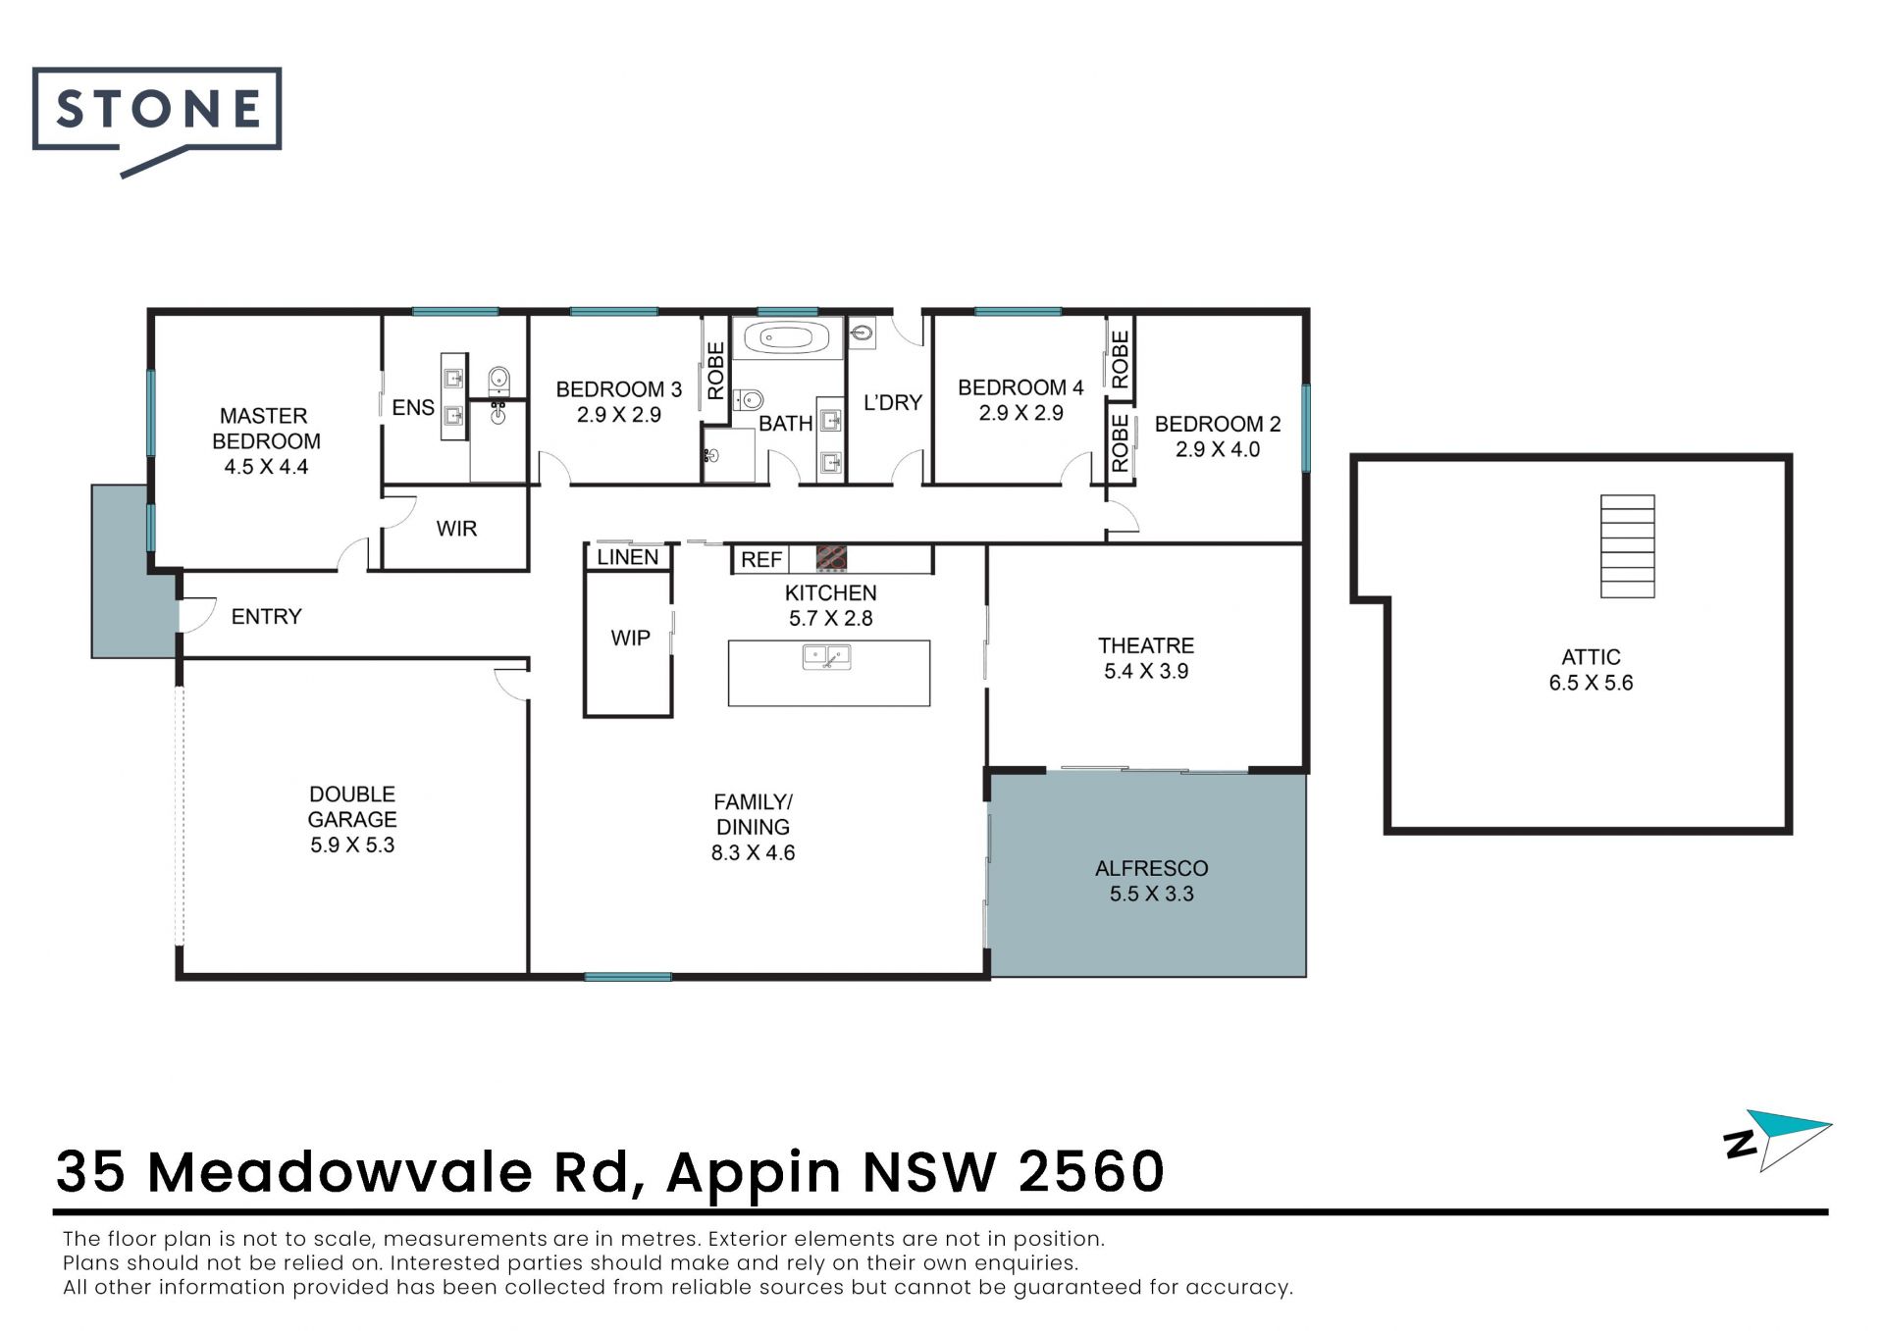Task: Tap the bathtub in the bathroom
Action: point(787,339)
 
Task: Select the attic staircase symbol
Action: point(1627,546)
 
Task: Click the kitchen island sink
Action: point(826,656)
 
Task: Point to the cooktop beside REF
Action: point(831,558)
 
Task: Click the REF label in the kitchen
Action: point(761,560)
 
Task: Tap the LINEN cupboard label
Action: point(628,557)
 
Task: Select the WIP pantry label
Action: point(630,638)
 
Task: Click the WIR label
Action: point(456,529)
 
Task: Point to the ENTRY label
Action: point(266,616)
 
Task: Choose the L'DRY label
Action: point(893,402)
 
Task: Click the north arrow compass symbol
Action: point(1778,1141)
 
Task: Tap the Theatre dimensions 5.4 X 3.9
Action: point(1146,671)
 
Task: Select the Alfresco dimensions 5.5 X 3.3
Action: point(1152,894)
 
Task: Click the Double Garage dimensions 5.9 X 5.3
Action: point(352,845)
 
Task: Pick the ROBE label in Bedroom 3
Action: point(716,371)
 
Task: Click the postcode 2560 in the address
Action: point(1091,1171)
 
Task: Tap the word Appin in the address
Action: point(754,1174)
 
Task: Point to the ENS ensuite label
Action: point(413,407)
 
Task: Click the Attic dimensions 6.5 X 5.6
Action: point(1592,683)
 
